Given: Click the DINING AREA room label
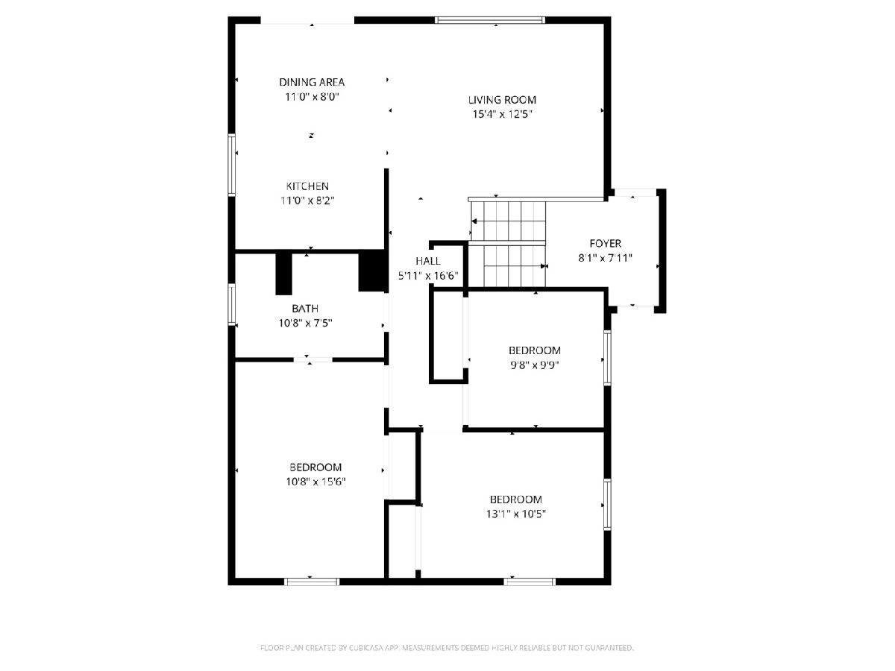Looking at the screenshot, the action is point(312,82).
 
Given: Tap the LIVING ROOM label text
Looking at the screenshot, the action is point(502,100).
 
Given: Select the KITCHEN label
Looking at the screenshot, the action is point(307,186).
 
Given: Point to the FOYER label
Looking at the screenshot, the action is point(605,244).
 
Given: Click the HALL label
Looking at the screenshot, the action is point(427,261).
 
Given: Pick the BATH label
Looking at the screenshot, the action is point(305,309).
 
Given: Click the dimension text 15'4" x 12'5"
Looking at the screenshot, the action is point(503,114).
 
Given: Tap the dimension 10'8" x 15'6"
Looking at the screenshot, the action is point(315,482).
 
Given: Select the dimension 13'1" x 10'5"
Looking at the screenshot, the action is point(516,514).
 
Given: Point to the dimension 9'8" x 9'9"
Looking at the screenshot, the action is point(535,365).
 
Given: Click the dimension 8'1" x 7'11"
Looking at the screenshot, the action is point(605,258).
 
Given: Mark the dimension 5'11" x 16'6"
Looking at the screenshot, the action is point(427,276).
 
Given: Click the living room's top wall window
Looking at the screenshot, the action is point(490,20).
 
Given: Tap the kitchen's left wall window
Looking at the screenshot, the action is point(232,165).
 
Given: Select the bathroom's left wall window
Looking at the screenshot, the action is point(232,304).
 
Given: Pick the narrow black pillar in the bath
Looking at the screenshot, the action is point(284,274).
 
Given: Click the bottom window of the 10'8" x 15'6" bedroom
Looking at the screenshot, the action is point(312,582).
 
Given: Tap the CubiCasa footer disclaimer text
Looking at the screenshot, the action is point(447,648).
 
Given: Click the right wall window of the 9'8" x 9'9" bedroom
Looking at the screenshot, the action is point(607,358).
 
